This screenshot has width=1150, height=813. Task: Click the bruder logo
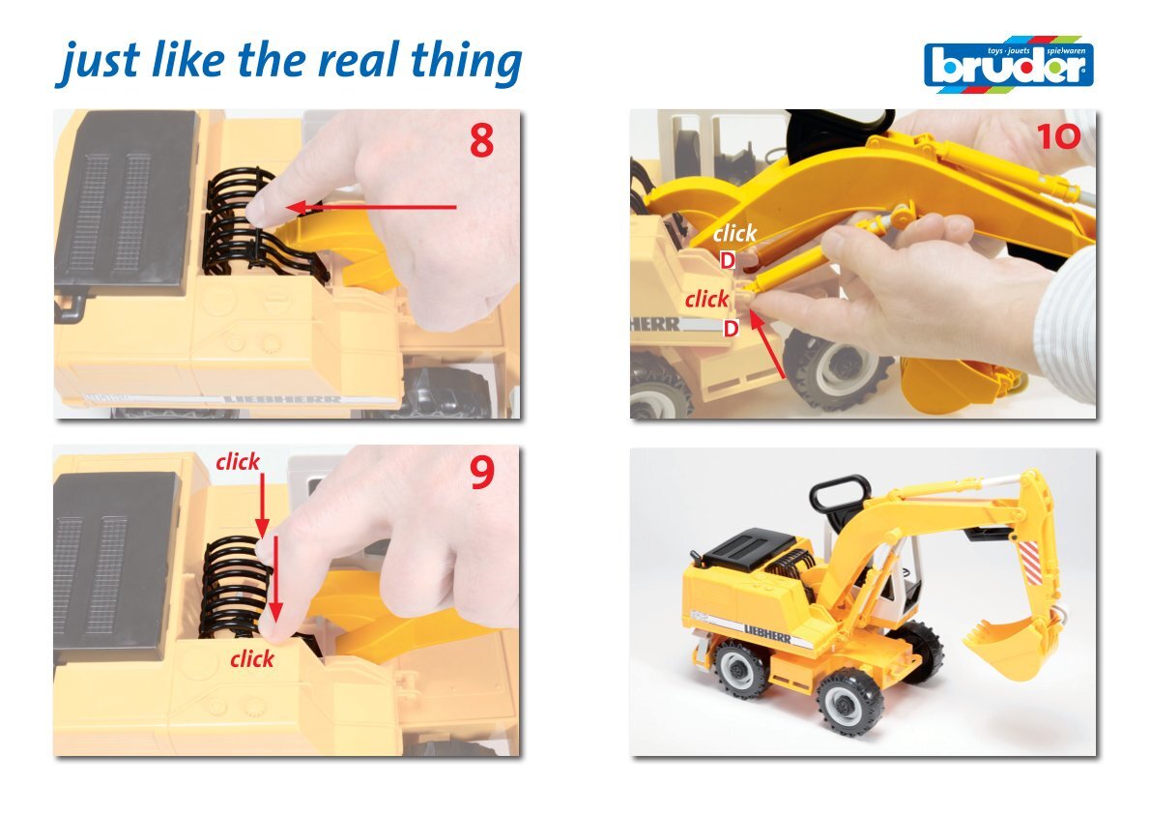click(x=1009, y=64)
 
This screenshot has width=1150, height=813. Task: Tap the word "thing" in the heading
click(x=467, y=62)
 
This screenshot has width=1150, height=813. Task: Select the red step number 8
click(x=482, y=140)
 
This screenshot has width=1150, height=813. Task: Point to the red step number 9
click(x=482, y=474)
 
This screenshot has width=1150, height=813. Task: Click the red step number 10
click(x=1058, y=136)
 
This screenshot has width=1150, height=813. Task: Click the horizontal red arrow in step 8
click(x=371, y=207)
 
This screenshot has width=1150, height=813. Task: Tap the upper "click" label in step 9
click(x=238, y=461)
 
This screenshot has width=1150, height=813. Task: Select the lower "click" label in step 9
click(x=251, y=659)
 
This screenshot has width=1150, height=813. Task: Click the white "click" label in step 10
click(x=734, y=233)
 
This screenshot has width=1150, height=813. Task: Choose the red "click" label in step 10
click(x=707, y=299)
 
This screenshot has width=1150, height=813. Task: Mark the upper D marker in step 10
click(x=727, y=260)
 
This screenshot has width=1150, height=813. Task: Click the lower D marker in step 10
click(x=731, y=328)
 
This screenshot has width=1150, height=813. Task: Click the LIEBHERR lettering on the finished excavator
click(x=767, y=633)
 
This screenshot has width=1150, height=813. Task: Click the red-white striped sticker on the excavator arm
click(x=1032, y=562)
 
